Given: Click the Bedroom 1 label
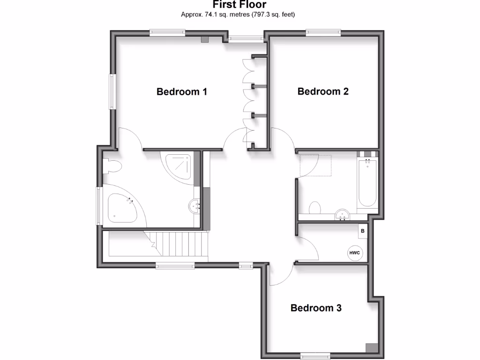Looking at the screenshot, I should [x=182, y=91].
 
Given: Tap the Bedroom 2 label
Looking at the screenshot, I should [x=323, y=91].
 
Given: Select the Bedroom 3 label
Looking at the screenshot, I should [x=316, y=308].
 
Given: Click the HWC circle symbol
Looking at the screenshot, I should [x=354, y=253].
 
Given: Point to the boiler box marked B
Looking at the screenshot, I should [x=362, y=231].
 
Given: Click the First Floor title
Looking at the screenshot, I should [x=240, y=5].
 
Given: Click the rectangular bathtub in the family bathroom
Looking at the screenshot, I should [x=367, y=184].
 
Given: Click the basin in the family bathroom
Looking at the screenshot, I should [x=343, y=215].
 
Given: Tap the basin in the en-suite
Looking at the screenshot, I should [x=195, y=205].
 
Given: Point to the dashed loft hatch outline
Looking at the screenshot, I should [x=316, y=165].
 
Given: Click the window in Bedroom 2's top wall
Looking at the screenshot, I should [x=323, y=32].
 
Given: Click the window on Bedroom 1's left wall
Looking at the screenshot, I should [x=112, y=91].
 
